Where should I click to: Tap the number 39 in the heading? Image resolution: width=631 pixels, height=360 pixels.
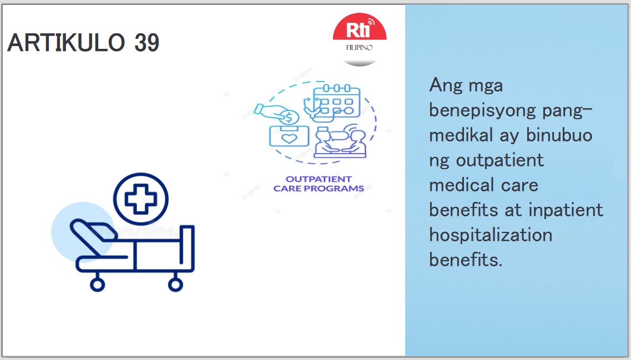(147, 42)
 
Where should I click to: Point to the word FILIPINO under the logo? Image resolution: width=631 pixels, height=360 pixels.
(360, 48)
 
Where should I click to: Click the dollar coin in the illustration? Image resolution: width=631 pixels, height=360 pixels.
(289, 118)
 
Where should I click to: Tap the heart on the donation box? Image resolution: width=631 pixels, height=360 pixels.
(289, 139)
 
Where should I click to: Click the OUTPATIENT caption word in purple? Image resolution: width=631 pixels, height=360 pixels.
(319, 179)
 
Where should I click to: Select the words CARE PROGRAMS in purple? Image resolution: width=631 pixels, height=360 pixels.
(319, 188)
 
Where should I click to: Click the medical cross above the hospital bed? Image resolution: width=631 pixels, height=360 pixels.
(141, 199)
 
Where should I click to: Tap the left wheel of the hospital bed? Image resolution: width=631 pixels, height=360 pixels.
(97, 285)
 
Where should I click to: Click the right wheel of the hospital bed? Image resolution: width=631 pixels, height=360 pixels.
(175, 285)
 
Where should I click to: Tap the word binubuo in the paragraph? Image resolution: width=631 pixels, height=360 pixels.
(559, 135)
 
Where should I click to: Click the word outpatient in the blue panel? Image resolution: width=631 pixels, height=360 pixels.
(500, 160)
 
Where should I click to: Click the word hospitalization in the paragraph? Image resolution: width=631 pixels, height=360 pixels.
(491, 235)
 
